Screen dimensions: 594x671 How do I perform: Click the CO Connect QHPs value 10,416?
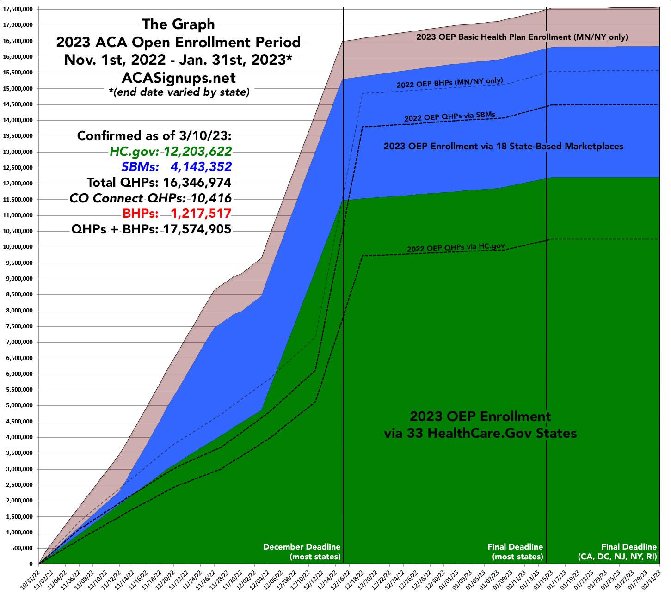click(x=216, y=198)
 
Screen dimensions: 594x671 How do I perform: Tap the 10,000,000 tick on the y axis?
click(x=19, y=247)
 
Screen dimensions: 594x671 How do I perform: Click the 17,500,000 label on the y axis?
click(x=19, y=9)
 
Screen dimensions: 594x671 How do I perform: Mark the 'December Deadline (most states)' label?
click(x=302, y=551)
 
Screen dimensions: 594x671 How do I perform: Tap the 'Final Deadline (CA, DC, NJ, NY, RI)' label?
click(x=618, y=551)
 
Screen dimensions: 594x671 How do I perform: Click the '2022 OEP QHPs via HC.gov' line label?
click(x=456, y=248)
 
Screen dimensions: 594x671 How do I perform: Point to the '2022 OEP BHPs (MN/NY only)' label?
click(x=449, y=83)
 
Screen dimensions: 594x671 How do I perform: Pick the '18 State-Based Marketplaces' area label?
click(x=504, y=147)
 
